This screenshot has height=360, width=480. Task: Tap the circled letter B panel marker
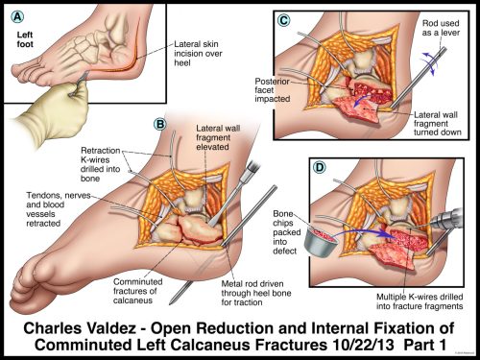click(160, 124)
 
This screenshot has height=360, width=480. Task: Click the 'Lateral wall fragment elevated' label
click(224, 134)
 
